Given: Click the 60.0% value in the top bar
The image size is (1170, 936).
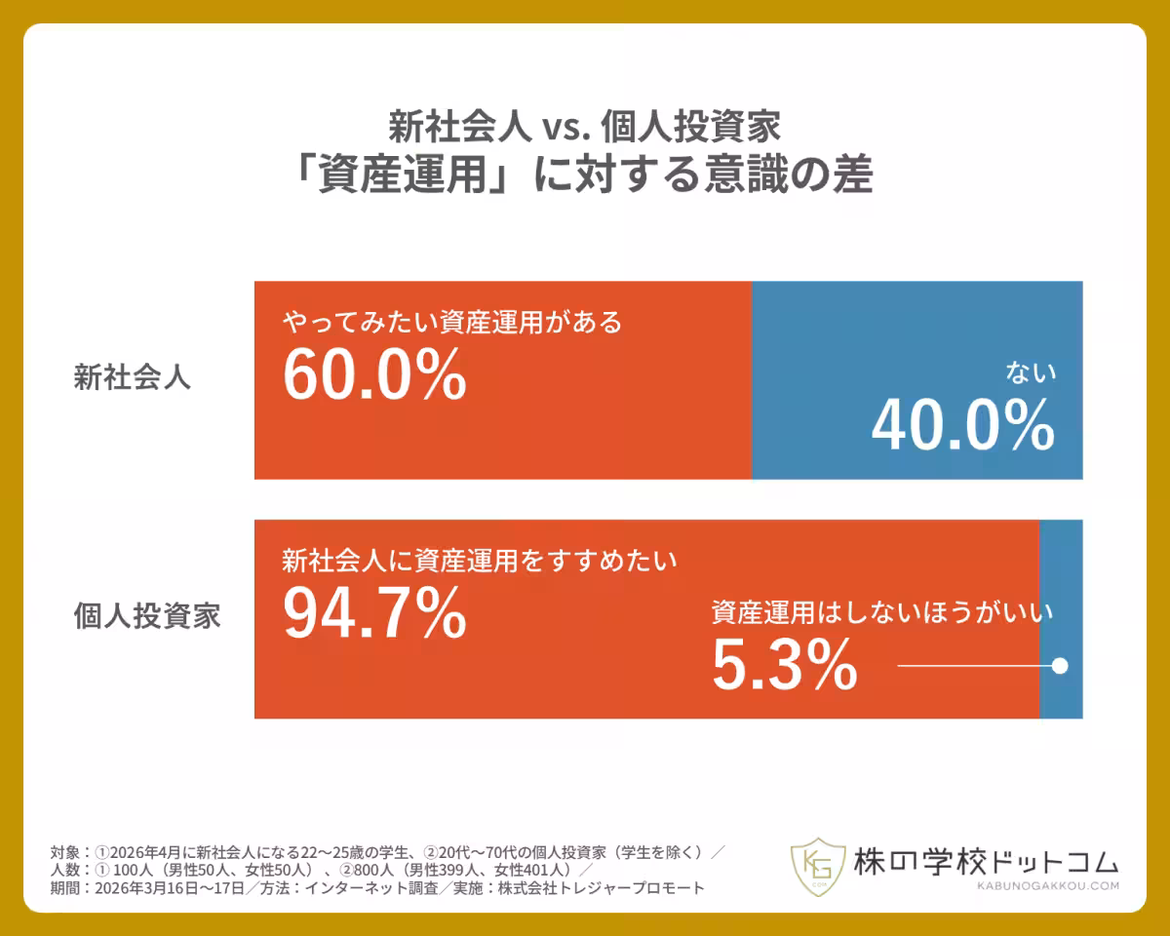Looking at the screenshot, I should tap(374, 375).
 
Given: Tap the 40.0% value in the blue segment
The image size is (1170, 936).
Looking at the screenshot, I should tap(962, 426).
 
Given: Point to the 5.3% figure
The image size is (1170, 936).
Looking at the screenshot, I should tap(784, 665).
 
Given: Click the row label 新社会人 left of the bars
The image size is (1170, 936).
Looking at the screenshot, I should tap(132, 378).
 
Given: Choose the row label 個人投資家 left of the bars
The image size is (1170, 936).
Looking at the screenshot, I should tap(147, 616).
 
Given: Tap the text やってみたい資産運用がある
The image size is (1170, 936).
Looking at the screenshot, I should tap(451, 322).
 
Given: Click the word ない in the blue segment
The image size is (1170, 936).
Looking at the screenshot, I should tap(1031, 372).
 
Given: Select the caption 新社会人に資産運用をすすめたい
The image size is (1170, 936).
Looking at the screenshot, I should tap(479, 561).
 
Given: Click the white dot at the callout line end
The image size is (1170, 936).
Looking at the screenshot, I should tap(1060, 666).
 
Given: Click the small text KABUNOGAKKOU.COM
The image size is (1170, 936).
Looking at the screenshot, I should tap(1047, 885).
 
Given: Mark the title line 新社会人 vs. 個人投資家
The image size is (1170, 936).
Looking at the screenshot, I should tap(585, 126).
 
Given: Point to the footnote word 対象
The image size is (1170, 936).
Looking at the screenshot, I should tap(65, 851).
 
